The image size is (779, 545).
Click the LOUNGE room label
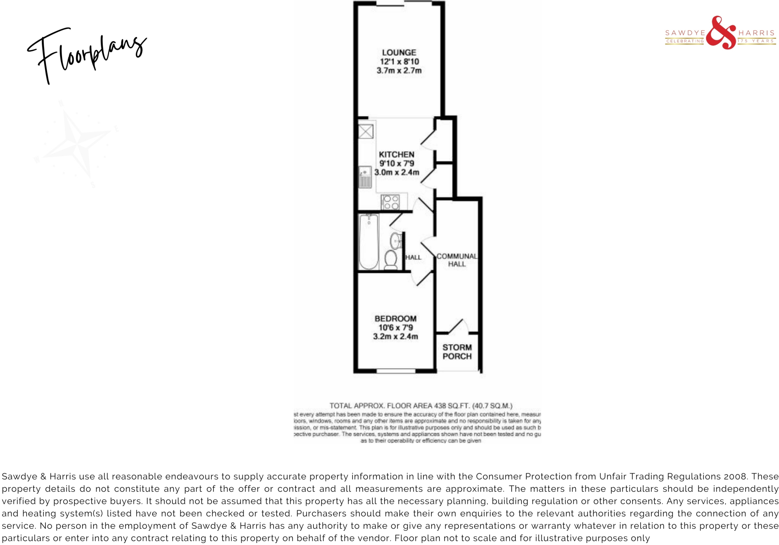(399, 52)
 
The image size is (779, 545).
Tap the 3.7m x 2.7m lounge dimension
(399, 70)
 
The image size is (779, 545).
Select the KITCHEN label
(396, 154)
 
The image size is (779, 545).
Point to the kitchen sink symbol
(365, 177)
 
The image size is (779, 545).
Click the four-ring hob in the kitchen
(390, 202)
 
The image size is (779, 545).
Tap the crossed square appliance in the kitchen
(366, 132)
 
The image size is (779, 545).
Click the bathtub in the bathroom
(369, 241)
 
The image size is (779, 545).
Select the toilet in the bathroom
(391, 260)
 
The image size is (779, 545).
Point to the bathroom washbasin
(396, 240)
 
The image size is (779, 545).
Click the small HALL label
(413, 257)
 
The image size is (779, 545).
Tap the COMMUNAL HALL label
(456, 260)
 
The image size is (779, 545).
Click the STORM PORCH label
(457, 352)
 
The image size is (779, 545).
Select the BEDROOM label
(395, 318)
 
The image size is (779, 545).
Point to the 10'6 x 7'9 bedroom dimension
(395, 327)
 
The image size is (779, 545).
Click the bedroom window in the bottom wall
(396, 371)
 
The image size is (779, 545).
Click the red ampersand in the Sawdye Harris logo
(721, 33)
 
